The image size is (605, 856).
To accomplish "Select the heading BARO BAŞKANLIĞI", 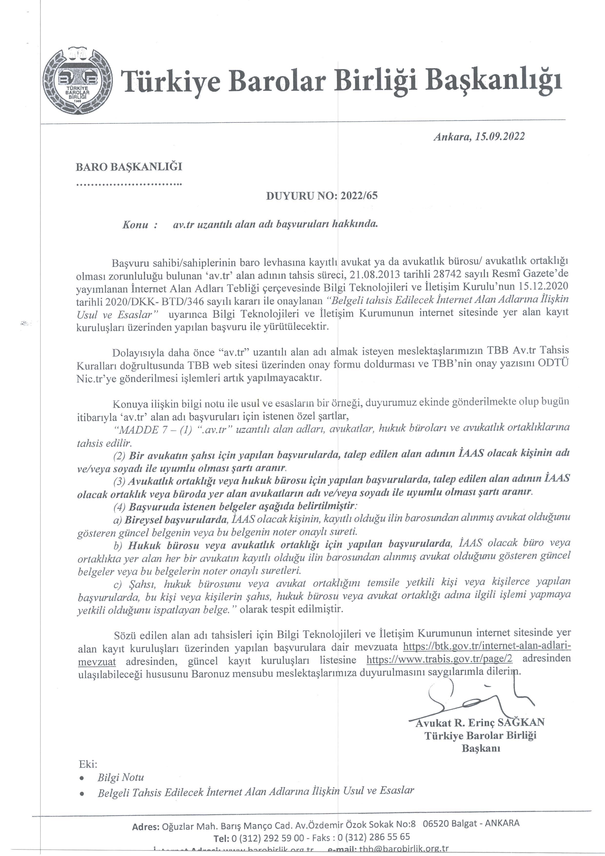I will point(129,167).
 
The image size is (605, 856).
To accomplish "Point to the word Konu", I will point(135,225).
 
